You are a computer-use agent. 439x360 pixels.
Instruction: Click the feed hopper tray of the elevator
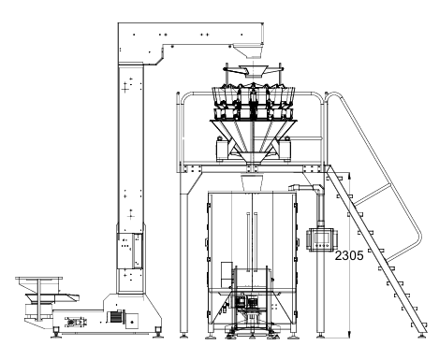pos(37,284)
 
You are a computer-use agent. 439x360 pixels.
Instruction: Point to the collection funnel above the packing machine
pos(250,181)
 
